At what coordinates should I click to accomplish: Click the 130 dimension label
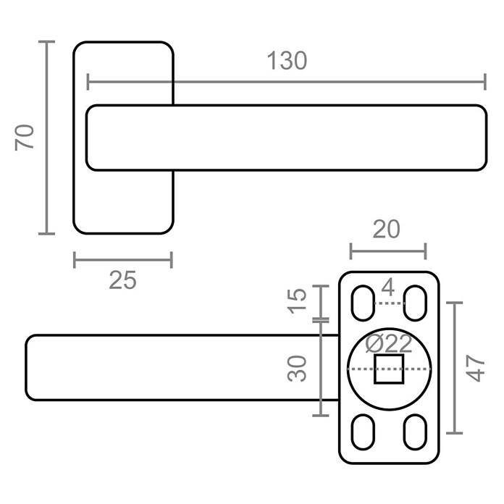click(287, 60)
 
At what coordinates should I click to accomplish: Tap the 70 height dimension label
click(25, 138)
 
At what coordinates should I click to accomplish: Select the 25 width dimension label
click(123, 280)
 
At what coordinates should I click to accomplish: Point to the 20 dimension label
click(387, 229)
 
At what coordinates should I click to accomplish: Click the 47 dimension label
click(475, 369)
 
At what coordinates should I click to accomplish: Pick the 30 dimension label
click(297, 369)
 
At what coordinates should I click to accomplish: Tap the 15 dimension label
click(297, 301)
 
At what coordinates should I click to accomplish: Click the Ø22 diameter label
click(389, 344)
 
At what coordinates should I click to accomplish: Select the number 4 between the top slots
click(388, 287)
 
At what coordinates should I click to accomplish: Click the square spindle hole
click(389, 369)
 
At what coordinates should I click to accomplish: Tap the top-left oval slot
click(364, 303)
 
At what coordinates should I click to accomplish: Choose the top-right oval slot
click(415, 303)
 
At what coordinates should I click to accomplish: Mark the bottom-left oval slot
click(364, 432)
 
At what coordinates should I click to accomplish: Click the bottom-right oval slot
click(415, 432)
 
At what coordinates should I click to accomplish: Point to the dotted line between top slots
click(390, 303)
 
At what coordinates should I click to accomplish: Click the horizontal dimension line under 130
click(286, 82)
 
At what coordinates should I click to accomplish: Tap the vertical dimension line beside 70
click(46, 138)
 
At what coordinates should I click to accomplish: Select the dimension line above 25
click(123, 260)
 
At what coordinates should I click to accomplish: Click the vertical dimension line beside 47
click(455, 368)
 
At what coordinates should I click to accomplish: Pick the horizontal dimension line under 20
click(388, 251)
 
